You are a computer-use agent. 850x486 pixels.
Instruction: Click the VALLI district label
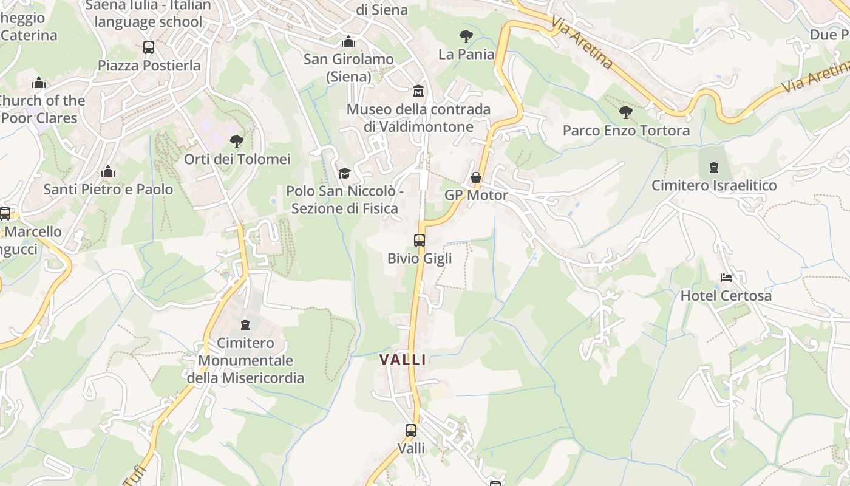(403, 359)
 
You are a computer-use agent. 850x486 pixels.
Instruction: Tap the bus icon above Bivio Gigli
(420, 240)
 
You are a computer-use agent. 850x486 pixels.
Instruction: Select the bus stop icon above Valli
(411, 431)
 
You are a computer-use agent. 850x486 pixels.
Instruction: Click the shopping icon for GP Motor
(476, 177)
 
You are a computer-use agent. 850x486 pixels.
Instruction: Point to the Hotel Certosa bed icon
(726, 278)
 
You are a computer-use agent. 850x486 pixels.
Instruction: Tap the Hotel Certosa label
(726, 296)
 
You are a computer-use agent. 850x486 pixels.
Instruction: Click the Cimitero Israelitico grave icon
(714, 167)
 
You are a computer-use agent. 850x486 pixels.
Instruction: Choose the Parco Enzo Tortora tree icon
(625, 112)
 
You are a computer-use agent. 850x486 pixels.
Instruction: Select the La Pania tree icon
(466, 36)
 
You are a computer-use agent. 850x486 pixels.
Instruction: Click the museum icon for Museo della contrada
(418, 91)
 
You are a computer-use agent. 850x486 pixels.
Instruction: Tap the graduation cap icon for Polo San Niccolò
(344, 173)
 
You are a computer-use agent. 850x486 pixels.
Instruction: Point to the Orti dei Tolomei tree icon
(237, 142)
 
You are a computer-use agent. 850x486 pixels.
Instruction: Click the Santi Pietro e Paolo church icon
(108, 171)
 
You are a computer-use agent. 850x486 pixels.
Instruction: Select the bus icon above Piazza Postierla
(149, 47)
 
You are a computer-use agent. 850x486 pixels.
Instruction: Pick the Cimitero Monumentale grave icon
(245, 325)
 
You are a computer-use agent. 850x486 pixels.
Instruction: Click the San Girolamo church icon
(348, 41)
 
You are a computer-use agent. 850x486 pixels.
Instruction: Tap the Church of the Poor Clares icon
(39, 82)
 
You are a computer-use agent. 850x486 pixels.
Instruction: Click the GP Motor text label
(476, 195)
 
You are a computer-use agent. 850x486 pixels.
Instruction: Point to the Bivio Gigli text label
(420, 258)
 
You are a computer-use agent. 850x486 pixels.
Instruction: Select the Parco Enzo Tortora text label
(626, 131)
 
